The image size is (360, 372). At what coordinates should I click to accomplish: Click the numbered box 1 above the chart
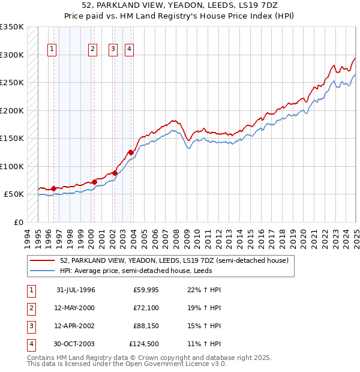coord(52,50)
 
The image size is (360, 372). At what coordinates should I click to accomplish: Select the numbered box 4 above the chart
coord(129,50)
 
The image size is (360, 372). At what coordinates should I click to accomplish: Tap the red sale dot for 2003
coord(131,152)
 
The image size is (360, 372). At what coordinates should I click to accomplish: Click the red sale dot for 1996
coord(53,188)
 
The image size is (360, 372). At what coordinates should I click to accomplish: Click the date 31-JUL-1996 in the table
coord(76,290)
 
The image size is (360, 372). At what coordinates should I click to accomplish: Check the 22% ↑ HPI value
coord(205,290)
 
